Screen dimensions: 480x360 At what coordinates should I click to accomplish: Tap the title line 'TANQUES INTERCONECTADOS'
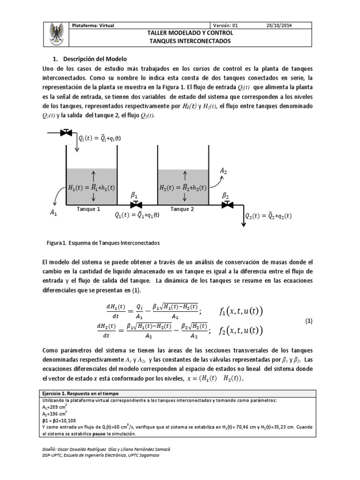point(190,41)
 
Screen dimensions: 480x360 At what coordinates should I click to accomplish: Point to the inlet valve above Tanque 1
point(67,133)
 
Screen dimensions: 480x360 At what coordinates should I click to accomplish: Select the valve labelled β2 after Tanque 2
point(228,205)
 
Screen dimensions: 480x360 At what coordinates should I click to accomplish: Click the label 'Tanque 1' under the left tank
point(89,209)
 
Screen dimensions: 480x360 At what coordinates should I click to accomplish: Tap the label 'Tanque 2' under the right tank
point(182,209)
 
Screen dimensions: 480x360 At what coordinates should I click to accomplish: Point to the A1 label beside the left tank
point(53,213)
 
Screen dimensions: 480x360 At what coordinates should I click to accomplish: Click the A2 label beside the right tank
point(224,172)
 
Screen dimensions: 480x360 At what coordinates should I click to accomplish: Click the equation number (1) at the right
point(309,321)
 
